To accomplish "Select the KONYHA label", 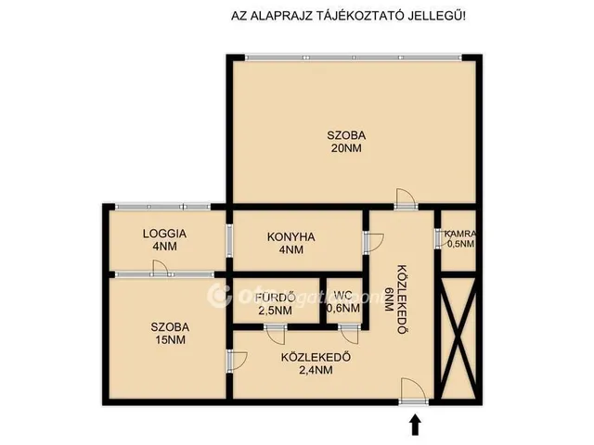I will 291,237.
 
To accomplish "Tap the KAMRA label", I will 459,234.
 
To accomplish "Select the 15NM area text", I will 171,341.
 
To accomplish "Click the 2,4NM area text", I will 307,370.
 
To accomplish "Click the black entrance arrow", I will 415,424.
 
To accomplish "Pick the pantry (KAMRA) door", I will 438,238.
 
